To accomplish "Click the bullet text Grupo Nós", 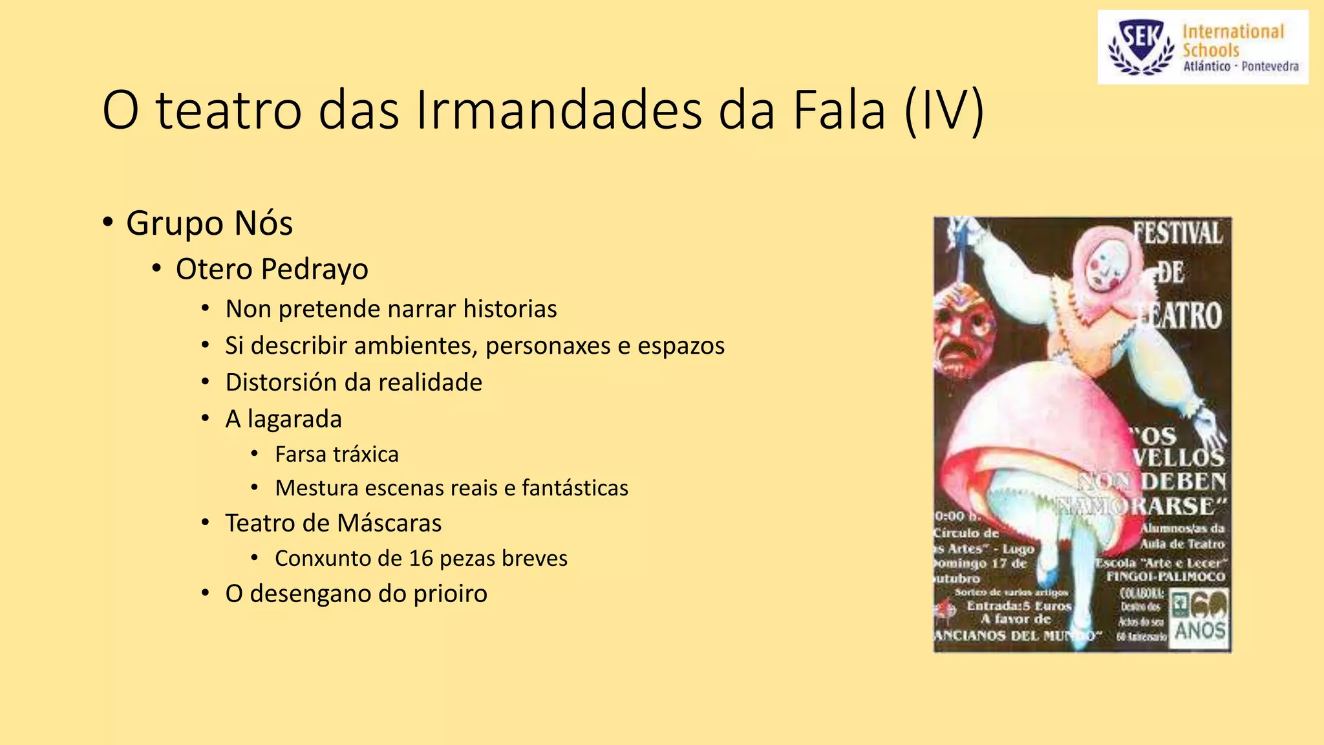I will [x=209, y=223].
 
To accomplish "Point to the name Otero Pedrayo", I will [x=272, y=269].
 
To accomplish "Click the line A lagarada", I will [x=283, y=419].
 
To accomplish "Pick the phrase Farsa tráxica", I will [x=337, y=455].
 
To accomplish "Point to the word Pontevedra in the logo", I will [x=1270, y=66].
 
